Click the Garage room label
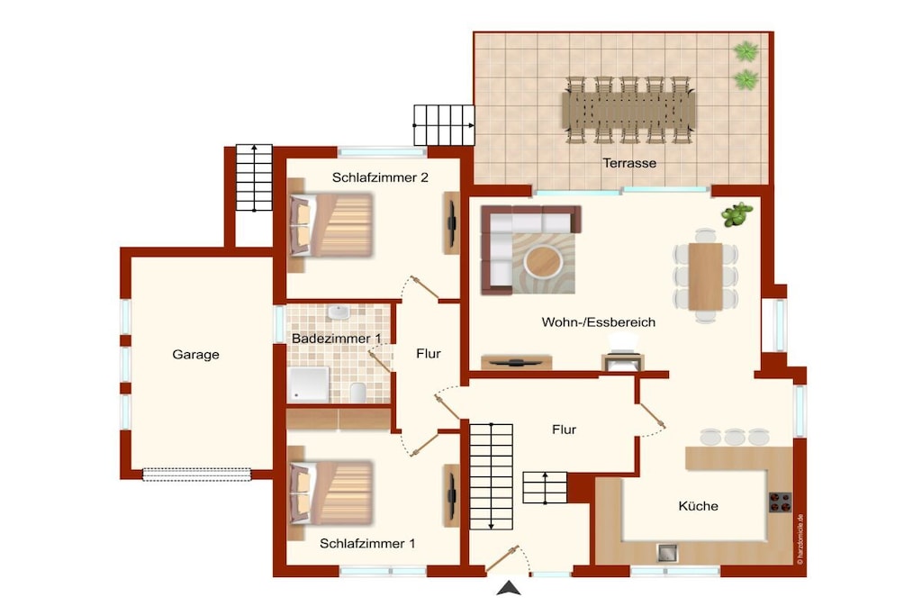click(x=195, y=355)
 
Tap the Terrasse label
click(x=629, y=163)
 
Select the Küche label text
click(x=698, y=506)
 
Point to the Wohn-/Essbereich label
click(x=598, y=322)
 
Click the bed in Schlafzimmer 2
click(x=331, y=225)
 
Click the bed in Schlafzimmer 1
click(x=331, y=493)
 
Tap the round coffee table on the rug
click(x=543, y=261)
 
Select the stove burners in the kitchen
click(x=781, y=502)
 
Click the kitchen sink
click(x=667, y=553)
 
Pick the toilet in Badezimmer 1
click(x=357, y=393)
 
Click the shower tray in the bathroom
click(x=309, y=384)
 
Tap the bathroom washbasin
click(x=339, y=312)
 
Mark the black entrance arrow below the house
click(x=509, y=588)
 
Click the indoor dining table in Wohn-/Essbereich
click(x=706, y=276)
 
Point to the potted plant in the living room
click(x=737, y=214)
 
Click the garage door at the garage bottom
click(x=197, y=475)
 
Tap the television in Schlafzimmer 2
click(x=452, y=223)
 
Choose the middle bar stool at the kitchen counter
click(x=735, y=437)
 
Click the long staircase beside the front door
click(x=491, y=477)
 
